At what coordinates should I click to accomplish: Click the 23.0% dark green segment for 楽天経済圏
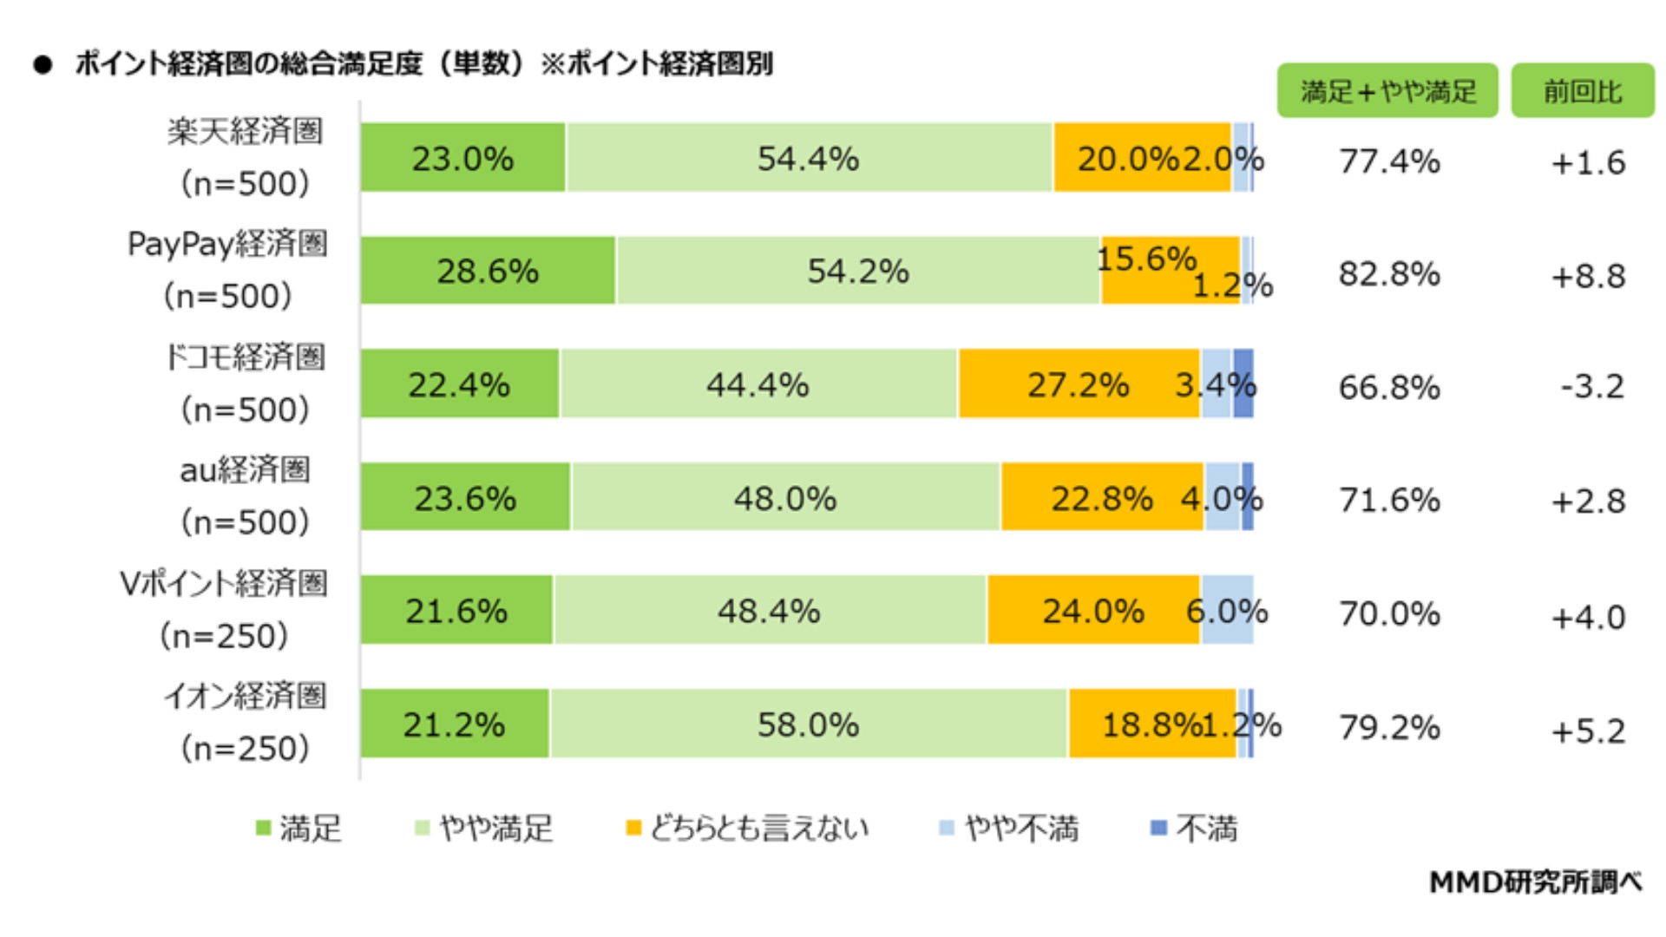point(462,158)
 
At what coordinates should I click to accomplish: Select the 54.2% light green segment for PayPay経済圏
point(857,271)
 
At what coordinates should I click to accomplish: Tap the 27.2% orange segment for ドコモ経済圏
point(1079,384)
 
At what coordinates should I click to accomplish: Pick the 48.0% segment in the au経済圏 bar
point(785,498)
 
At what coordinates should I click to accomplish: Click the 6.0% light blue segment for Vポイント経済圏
point(1227,611)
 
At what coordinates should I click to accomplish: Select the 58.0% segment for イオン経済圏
point(808,724)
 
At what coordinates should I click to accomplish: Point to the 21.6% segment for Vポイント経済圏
point(456,611)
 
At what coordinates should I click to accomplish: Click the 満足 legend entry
point(299,829)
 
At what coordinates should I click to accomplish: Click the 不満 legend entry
point(1195,829)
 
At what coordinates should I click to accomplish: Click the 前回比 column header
point(1582,91)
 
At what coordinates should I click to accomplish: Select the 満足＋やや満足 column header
point(1387,91)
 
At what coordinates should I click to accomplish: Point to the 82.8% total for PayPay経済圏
point(1389,274)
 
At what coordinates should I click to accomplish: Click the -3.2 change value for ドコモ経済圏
point(1592,387)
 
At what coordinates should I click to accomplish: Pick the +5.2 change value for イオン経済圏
point(1588,731)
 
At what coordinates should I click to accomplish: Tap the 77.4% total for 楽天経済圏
point(1389,161)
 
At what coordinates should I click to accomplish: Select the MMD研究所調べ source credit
point(1535,882)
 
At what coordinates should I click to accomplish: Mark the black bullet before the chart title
point(43,65)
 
